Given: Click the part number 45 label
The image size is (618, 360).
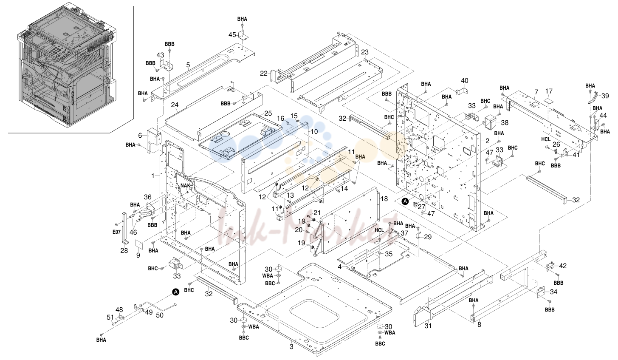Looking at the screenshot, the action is click(232, 35).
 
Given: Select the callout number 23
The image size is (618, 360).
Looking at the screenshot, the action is click(365, 52).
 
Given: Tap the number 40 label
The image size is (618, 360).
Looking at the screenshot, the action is click(465, 81).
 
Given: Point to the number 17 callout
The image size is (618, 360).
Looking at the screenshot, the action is click(549, 91).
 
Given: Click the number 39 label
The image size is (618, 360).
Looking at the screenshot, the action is click(605, 96).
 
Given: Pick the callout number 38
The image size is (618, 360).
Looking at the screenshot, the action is click(505, 122).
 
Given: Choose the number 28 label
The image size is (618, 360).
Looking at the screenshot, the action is click(124, 250).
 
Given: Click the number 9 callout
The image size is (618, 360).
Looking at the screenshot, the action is click(138, 255).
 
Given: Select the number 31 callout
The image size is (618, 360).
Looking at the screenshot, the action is click(428, 326).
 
